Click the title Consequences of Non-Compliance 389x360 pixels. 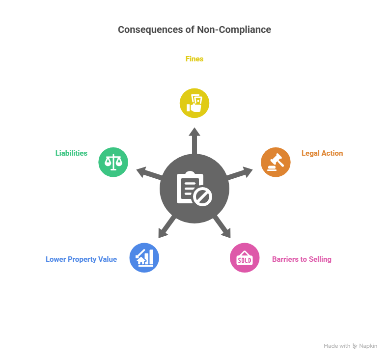194,29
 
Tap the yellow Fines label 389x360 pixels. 194,59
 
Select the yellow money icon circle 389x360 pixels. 194,103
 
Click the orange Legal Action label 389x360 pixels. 322,153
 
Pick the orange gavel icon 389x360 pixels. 276,162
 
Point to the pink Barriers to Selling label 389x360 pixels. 302,259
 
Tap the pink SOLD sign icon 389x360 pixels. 245,258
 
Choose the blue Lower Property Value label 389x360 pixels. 81,259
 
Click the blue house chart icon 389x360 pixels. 144,258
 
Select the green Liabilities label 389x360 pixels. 71,153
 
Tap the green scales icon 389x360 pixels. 113,162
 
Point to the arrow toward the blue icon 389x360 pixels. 166,229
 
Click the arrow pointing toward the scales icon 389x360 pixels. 147,173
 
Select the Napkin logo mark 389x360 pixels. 355,346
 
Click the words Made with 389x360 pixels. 337,346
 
